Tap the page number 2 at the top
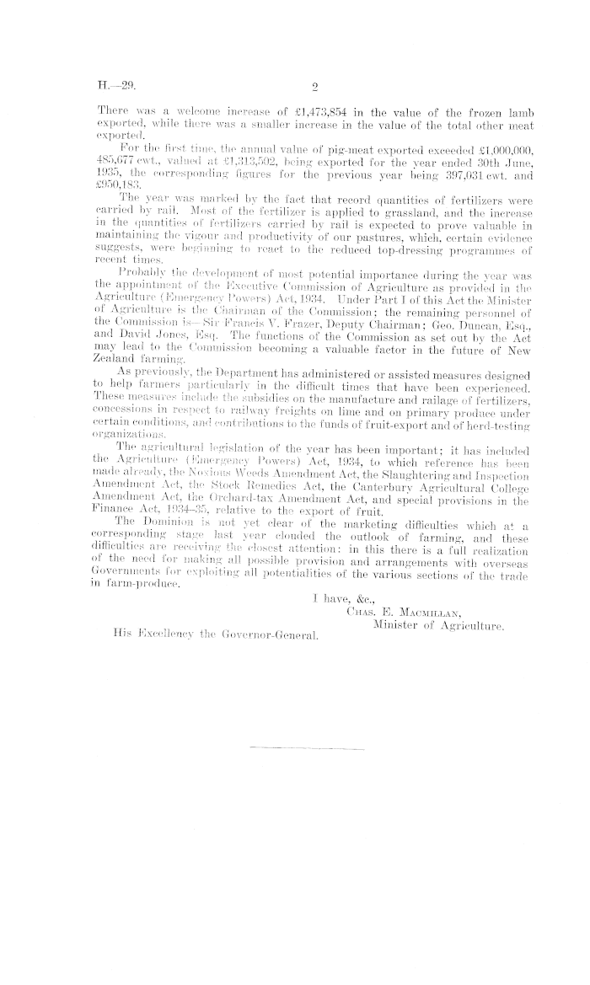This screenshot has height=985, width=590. [x=314, y=85]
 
